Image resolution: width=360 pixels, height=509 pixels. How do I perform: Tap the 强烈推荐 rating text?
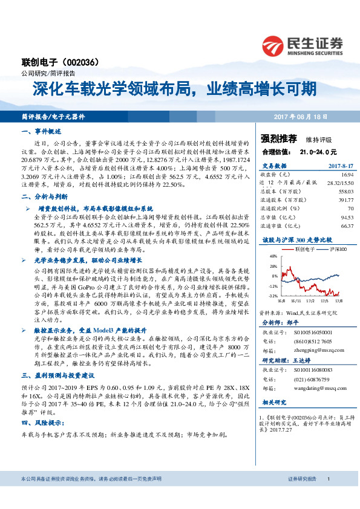coord(276,138)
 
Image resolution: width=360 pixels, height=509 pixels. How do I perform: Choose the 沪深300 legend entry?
coord(339,249)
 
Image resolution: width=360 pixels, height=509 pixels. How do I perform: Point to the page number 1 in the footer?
coord(327,479)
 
